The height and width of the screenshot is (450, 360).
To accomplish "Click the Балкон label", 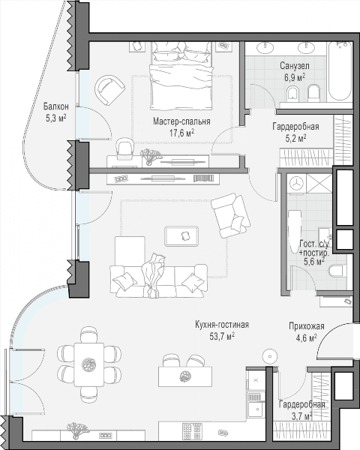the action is pos(56,106).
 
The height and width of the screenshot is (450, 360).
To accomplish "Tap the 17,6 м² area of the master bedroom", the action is pos(182,133).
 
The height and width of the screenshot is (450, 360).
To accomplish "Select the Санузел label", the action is pos(295,66).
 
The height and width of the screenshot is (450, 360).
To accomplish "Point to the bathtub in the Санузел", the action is pos(340,70).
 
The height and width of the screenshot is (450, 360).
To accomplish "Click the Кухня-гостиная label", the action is pos(222,325).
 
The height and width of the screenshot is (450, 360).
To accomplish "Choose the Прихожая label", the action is pos(306,326).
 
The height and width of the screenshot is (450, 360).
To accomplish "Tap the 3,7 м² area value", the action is pos(302,415).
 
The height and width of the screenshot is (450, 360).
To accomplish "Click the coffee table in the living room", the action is pos(181,236).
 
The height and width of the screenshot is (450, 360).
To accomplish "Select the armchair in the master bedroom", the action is pos(109,91).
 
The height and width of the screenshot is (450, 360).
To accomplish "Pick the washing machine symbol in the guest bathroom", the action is pos(296,182).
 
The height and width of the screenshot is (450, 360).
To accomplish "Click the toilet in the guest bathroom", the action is pos(336,270).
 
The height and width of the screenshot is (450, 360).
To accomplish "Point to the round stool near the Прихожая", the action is pos(270,357).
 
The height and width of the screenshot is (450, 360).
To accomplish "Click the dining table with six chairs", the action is pos(89,364).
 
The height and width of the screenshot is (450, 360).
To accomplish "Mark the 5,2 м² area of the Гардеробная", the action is pos(295,139).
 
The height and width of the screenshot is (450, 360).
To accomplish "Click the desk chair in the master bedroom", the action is pos(124,148).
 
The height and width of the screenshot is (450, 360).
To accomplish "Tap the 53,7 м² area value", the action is pos(222,336).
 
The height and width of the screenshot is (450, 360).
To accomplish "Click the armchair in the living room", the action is pos(231,215).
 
